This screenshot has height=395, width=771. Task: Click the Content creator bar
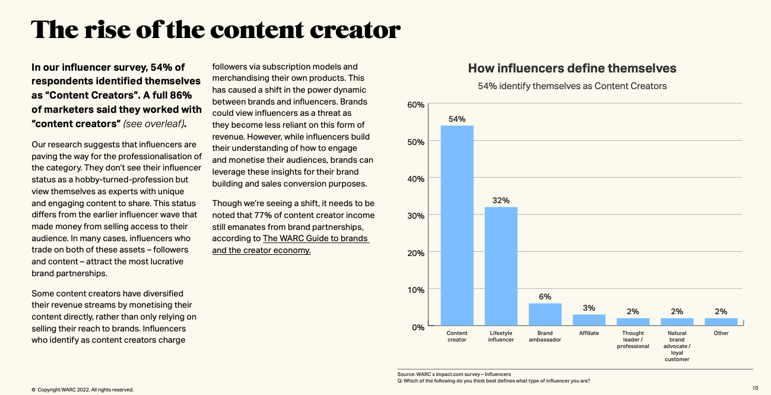tap(456, 226)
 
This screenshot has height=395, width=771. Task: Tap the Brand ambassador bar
tap(545, 314)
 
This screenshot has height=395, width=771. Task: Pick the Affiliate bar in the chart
tap(589, 320)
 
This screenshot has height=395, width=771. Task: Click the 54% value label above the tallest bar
tap(456, 119)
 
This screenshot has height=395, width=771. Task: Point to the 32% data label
tap(501, 200)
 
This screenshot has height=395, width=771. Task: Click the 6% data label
tap(545, 296)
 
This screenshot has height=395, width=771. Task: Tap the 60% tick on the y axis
tap(416, 105)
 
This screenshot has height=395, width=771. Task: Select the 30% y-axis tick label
tap(416, 216)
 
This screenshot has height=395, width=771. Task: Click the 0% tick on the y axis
tap(418, 327)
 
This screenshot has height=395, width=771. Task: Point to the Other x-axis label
tap(721, 333)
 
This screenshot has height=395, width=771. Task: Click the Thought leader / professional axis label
tap(633, 340)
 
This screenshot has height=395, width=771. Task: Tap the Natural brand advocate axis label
tap(677, 346)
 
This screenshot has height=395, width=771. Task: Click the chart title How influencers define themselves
tap(572, 68)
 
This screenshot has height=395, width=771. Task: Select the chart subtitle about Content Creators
tap(572, 86)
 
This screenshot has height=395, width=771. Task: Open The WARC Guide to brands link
tap(290, 244)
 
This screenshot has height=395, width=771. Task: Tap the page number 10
tap(755, 388)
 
